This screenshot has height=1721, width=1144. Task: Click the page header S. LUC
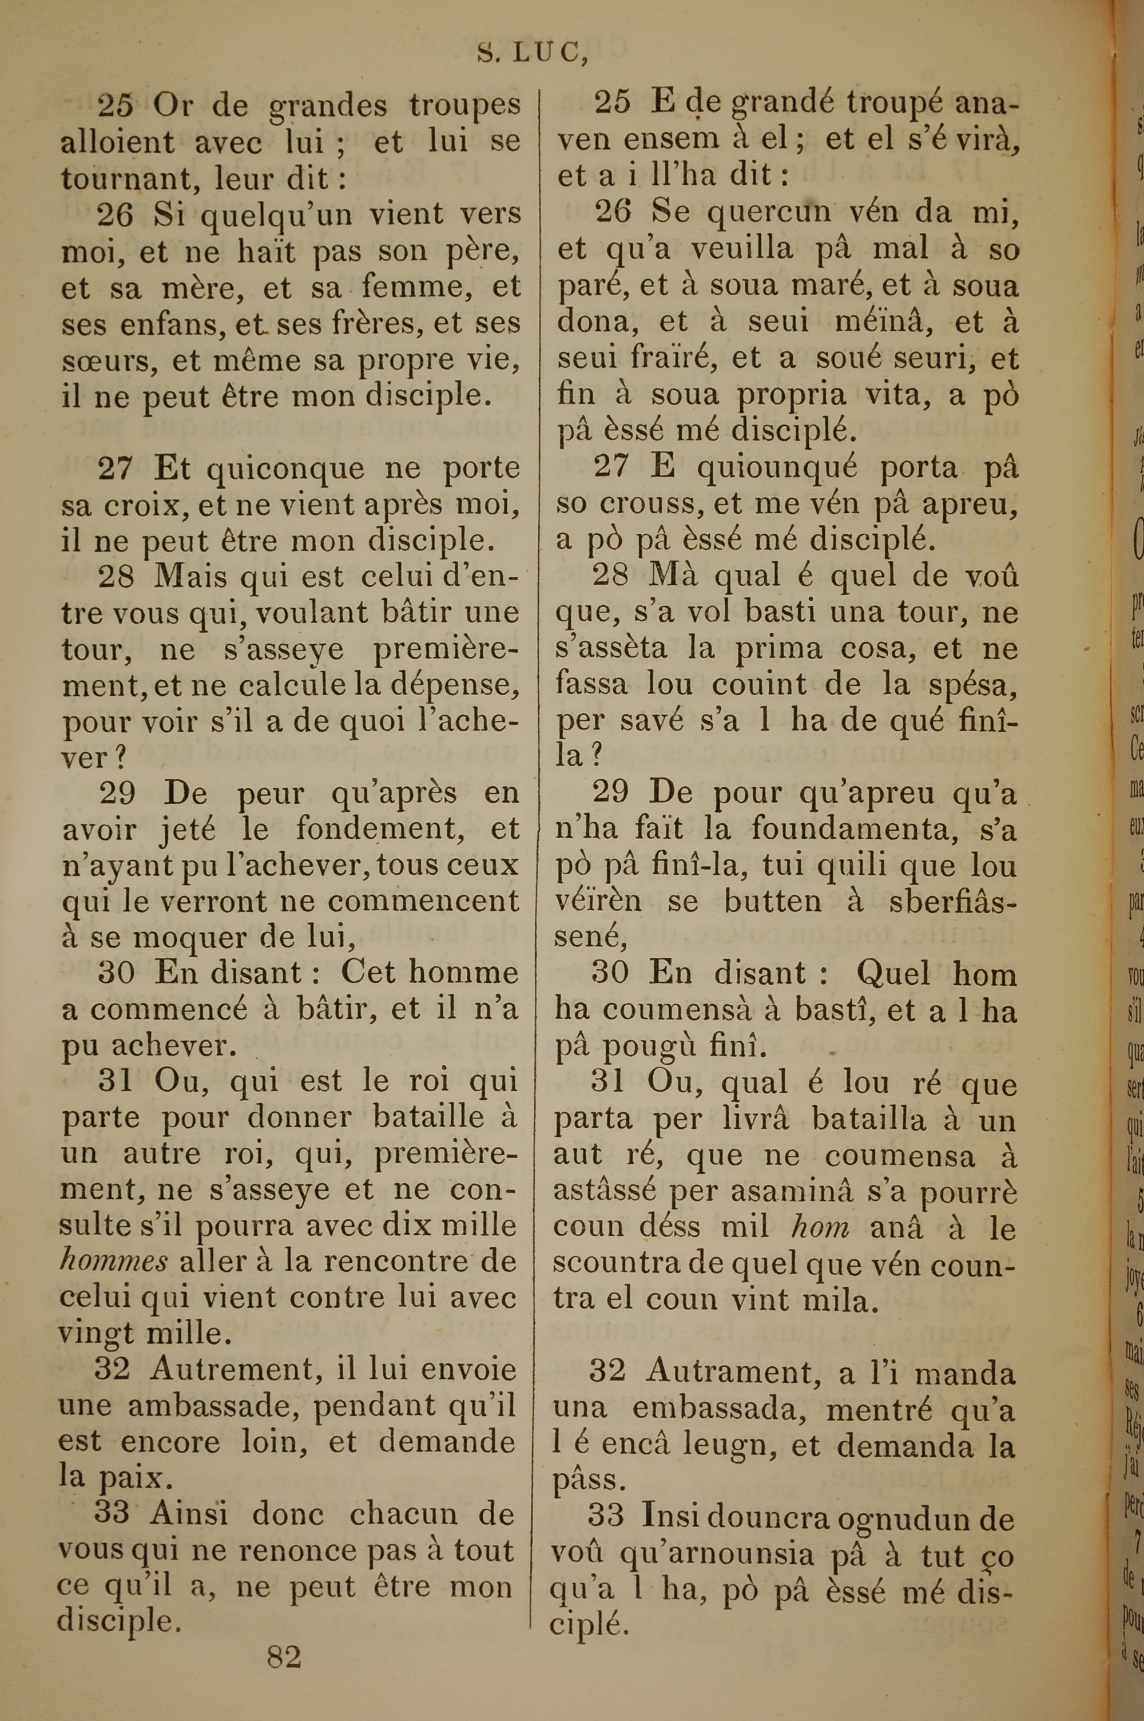point(532,53)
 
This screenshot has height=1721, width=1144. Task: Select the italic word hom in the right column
point(820,1228)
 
